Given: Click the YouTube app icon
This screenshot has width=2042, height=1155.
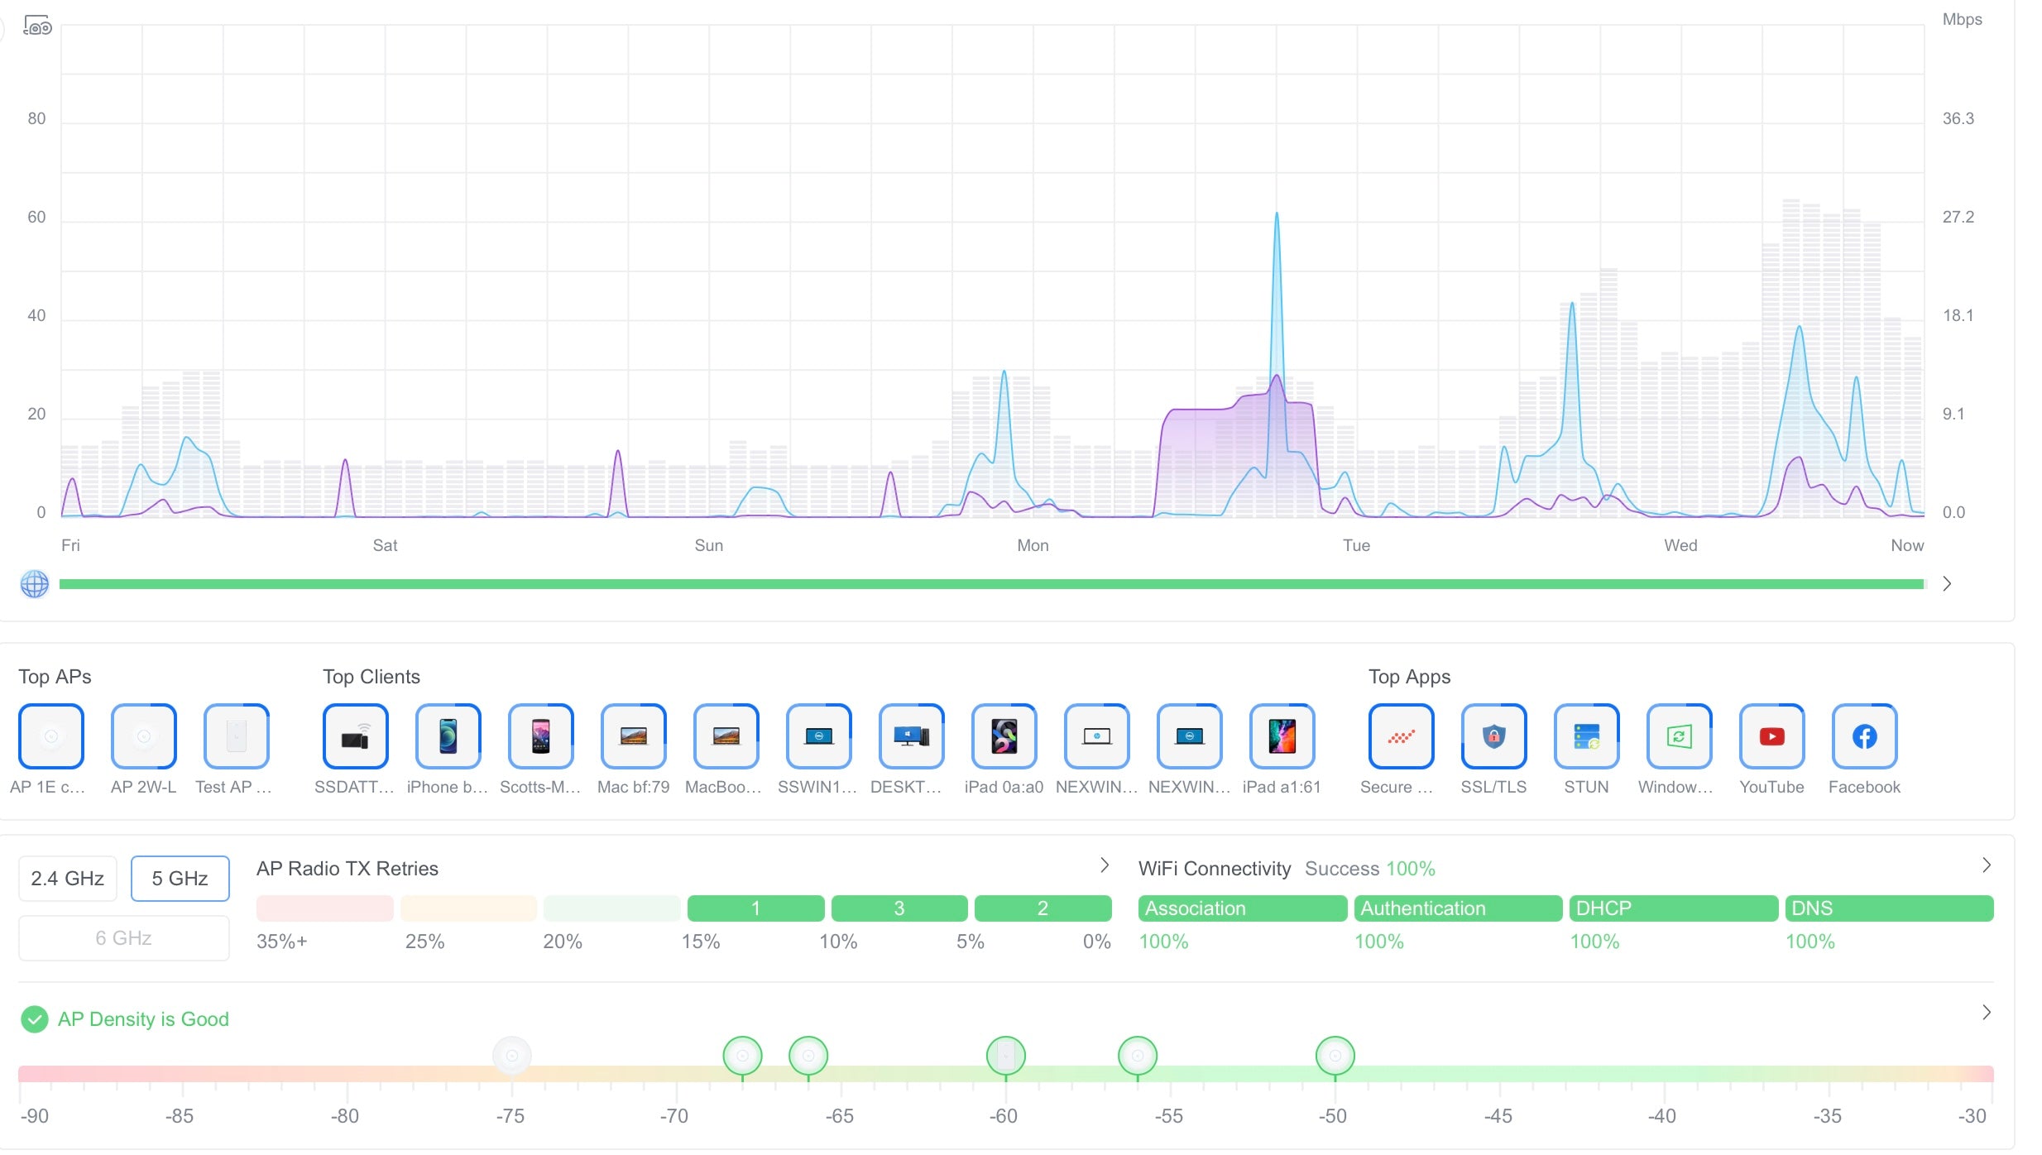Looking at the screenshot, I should click(x=1771, y=736).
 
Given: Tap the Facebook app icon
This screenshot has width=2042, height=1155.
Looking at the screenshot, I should click(x=1864, y=736).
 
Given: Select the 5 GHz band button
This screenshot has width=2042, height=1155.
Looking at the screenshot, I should click(x=180, y=879).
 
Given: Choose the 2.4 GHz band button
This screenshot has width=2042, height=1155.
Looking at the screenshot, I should click(x=67, y=879).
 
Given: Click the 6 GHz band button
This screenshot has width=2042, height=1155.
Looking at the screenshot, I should click(x=123, y=938).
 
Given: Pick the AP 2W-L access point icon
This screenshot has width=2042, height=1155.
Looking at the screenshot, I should click(x=144, y=736).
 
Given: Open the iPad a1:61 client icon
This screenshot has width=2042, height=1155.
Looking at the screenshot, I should click(x=1282, y=736).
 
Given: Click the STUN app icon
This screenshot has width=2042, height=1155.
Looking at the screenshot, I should click(x=1586, y=736).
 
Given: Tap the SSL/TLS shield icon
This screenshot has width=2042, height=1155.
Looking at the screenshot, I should click(x=1493, y=736).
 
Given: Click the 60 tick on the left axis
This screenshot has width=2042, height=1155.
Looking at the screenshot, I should click(x=36, y=218).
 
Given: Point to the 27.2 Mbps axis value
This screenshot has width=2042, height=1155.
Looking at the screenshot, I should click(x=1958, y=218).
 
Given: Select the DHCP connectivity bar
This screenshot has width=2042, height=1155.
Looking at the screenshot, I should click(x=1673, y=908).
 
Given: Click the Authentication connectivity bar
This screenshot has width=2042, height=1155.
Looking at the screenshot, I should click(x=1458, y=908).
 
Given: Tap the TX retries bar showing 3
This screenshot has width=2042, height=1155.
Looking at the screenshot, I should click(x=899, y=908).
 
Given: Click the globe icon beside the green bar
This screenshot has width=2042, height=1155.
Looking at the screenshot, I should click(x=35, y=584).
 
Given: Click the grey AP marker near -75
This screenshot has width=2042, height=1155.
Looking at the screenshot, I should click(x=512, y=1056).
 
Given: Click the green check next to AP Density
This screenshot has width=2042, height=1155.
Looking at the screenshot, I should click(x=35, y=1019).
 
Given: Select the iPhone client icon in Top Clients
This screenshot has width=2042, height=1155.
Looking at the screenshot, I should click(x=448, y=736).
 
